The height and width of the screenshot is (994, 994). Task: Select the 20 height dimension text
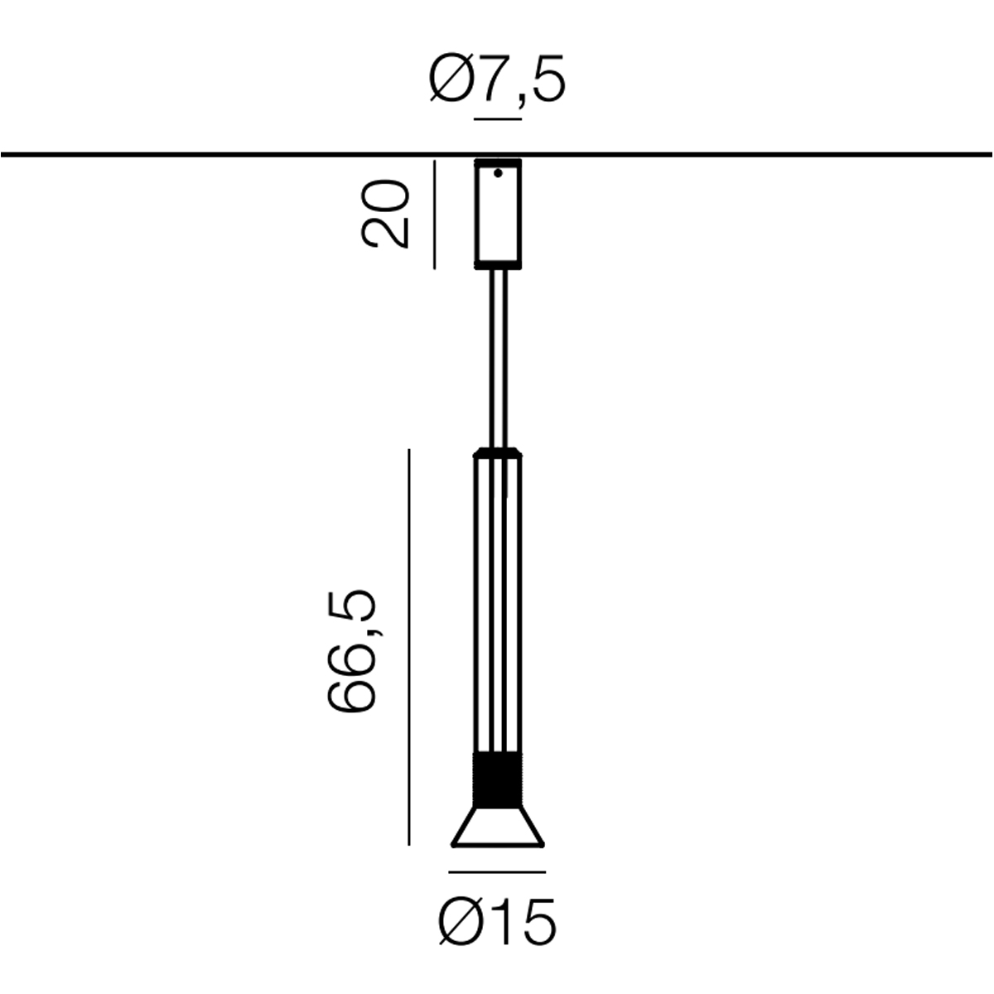pos(385,213)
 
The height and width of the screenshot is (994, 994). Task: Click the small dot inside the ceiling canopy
pos(498,173)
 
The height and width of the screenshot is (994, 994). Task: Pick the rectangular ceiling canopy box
pos(498,214)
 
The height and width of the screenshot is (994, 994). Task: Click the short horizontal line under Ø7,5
pos(498,119)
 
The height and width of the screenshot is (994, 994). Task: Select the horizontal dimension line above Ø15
pos(497,872)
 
